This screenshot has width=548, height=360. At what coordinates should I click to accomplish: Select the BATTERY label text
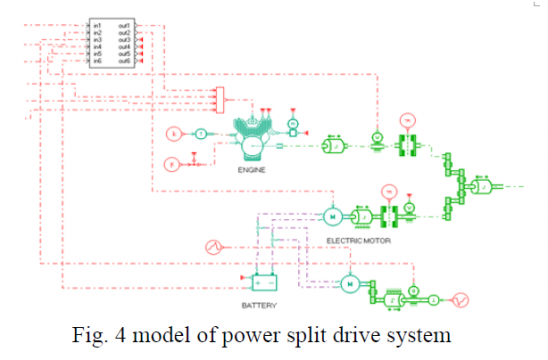(x=261, y=303)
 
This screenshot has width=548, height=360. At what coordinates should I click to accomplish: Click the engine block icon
(x=257, y=140)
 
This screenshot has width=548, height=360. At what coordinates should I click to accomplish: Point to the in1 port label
(x=98, y=24)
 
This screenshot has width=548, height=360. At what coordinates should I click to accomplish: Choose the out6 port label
(x=126, y=61)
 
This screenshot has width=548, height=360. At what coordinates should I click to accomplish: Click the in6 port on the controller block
(x=98, y=61)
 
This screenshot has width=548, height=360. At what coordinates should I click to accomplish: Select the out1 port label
(x=126, y=24)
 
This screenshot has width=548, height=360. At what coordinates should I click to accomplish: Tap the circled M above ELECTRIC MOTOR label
(x=330, y=216)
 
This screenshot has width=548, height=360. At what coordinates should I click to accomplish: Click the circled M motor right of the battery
(x=349, y=283)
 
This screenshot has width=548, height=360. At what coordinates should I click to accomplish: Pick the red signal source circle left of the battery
(x=212, y=246)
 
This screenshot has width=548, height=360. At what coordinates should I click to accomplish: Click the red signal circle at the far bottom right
(x=461, y=298)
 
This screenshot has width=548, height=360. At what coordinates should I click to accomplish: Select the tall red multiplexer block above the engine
(x=220, y=97)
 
